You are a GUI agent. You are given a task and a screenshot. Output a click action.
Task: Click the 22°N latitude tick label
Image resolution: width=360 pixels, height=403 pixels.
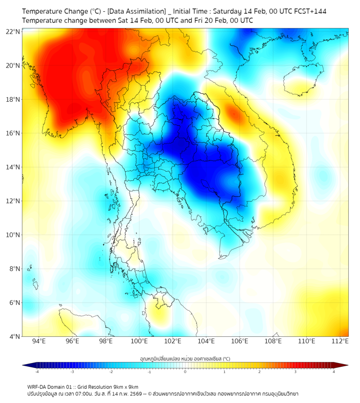click(13, 31)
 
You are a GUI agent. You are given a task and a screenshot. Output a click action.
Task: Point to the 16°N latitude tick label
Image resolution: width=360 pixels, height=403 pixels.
click(13, 133)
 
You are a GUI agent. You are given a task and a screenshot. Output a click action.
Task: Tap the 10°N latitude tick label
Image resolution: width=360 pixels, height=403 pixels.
click(13, 235)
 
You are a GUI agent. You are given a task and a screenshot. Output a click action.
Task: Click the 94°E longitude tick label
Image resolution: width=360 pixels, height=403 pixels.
click(39, 342)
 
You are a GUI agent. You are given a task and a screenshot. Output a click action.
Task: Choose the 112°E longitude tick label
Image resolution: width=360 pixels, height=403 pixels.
click(340, 342)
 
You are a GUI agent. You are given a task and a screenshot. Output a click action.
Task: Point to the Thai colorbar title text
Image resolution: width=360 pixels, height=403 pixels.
click(185, 358)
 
